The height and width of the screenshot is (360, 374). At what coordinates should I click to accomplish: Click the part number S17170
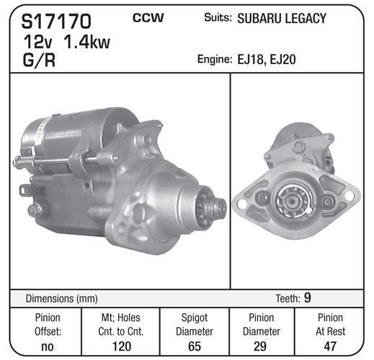(56, 21)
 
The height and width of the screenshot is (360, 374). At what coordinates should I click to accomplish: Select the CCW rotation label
(148, 18)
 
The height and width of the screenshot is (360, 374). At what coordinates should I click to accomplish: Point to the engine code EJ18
(251, 60)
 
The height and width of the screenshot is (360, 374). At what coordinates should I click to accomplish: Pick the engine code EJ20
(283, 60)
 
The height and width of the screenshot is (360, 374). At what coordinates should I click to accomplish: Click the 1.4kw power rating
(86, 42)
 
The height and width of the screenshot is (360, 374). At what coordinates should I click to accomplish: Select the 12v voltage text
(37, 42)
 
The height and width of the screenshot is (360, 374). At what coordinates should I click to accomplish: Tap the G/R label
(39, 60)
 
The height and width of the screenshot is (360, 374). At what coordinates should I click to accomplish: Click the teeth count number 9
(308, 298)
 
